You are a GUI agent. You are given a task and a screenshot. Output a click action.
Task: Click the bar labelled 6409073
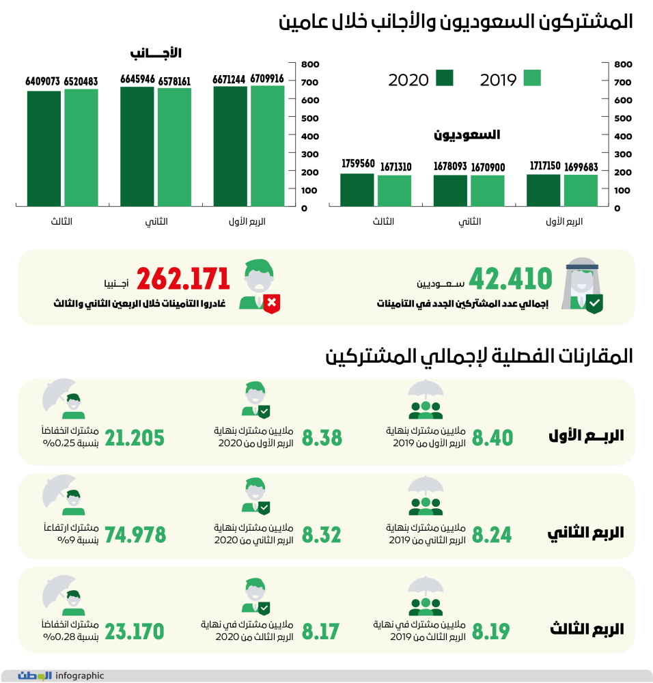[x=44, y=148]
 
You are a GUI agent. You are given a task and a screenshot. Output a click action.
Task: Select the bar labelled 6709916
[x=267, y=145]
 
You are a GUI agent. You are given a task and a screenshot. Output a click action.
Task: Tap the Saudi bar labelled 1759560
[x=357, y=189]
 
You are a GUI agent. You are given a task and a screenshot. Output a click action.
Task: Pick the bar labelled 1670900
[x=488, y=191]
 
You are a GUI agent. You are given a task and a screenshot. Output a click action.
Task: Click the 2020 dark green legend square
[x=445, y=79]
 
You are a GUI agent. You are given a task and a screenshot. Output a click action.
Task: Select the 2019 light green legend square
[x=532, y=79]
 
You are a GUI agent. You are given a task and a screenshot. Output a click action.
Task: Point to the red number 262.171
[x=183, y=279]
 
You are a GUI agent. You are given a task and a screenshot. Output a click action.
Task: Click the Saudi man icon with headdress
[x=583, y=287]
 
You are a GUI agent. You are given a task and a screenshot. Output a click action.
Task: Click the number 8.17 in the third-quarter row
[x=320, y=632]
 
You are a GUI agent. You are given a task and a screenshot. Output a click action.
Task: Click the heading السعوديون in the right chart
[x=467, y=135]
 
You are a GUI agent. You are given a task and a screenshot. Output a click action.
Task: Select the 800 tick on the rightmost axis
[x=622, y=64]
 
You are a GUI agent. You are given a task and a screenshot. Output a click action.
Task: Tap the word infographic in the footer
[x=80, y=675]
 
